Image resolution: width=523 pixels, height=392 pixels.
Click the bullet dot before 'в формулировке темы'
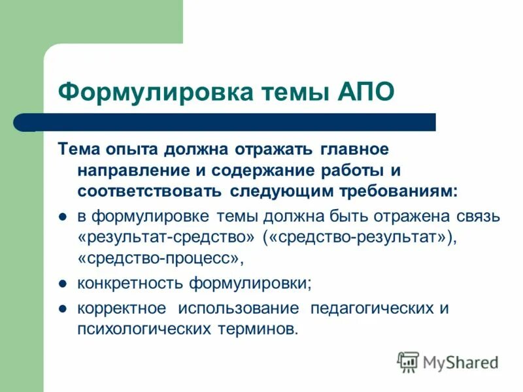(x=64, y=217)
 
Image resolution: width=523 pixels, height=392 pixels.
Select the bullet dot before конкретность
(x=64, y=284)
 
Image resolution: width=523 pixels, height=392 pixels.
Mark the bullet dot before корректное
(x=64, y=308)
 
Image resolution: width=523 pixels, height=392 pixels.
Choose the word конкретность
(x=131, y=284)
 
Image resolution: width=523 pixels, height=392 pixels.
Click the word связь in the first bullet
(x=477, y=216)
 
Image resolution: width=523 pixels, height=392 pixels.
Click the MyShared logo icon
(x=409, y=361)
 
